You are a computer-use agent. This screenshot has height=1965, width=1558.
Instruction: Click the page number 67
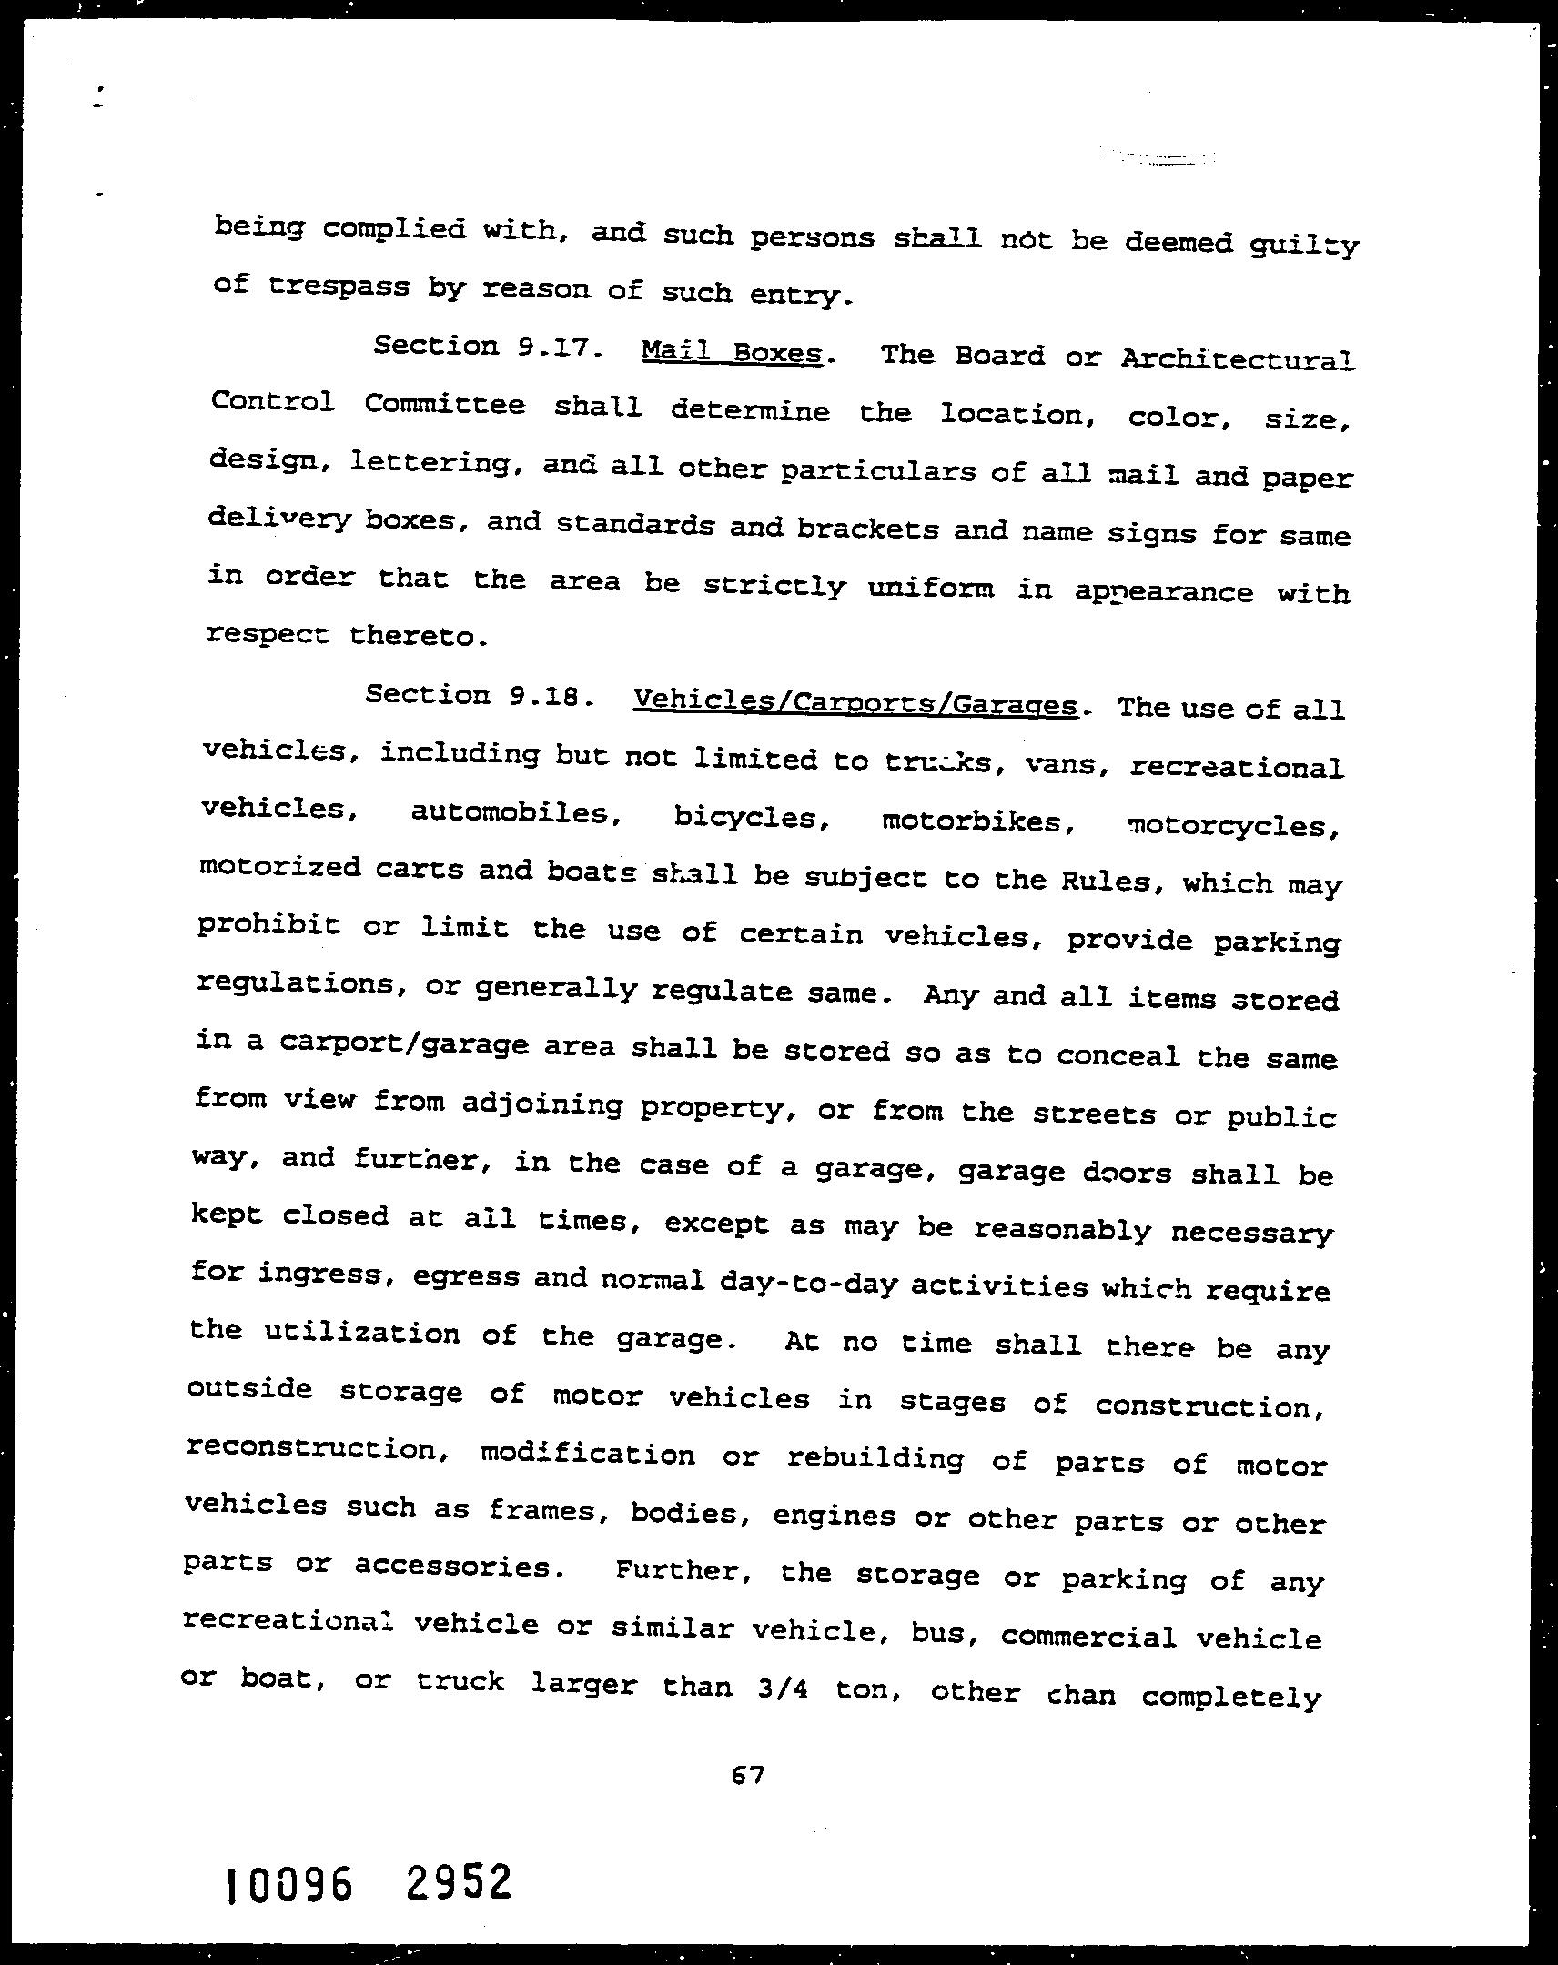[x=746, y=1775]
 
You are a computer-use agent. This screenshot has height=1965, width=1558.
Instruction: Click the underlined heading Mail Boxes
[x=732, y=352]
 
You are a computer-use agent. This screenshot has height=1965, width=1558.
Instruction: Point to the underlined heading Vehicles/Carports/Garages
[x=855, y=703]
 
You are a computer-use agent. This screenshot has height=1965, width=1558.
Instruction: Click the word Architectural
[x=1237, y=358]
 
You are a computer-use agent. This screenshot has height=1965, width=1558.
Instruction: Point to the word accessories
[x=453, y=1566]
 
